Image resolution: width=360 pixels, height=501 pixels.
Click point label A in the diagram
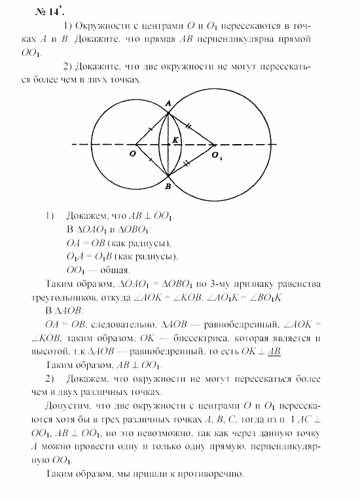168,103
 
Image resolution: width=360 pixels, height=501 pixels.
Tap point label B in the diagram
168,187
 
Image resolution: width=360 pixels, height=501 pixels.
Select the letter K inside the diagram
175,139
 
